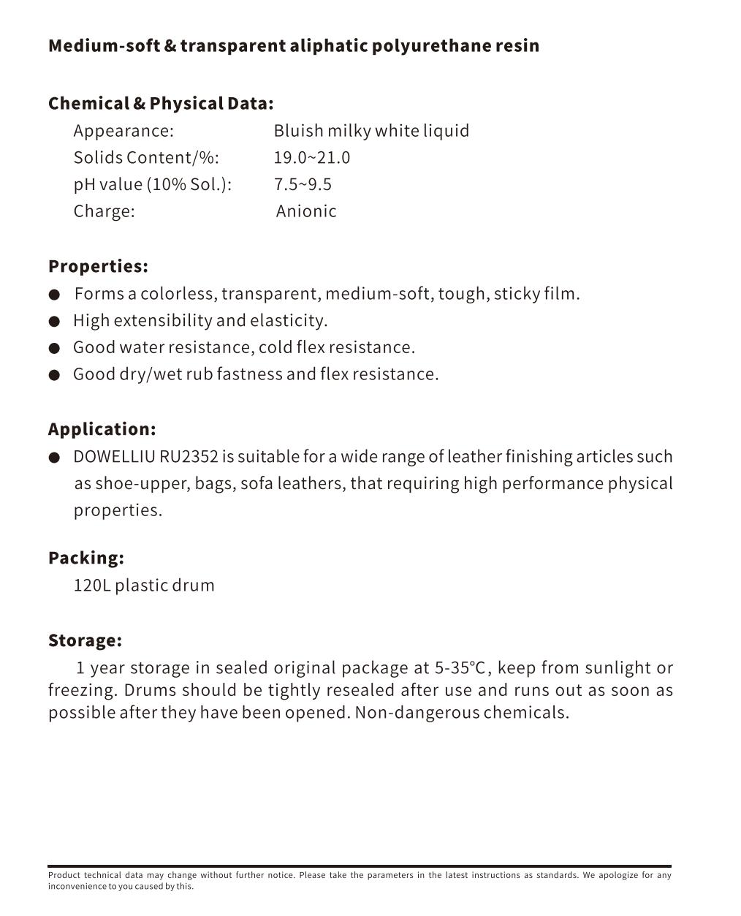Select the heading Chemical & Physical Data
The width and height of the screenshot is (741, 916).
coord(161,104)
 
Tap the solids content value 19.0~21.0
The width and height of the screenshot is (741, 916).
coord(312,158)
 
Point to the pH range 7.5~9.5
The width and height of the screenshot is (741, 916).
coord(303,184)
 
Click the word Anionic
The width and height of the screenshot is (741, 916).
coord(306,211)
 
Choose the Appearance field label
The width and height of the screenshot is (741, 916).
coord(123,131)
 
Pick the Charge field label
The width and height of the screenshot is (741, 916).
coord(104,211)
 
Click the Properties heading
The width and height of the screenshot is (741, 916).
coord(98,266)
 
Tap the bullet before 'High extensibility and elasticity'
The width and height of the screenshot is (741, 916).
coord(54,322)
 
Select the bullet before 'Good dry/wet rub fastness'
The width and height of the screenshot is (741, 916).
coord(54,376)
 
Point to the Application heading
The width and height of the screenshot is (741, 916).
coord(102,429)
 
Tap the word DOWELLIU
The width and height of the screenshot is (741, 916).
coord(114,457)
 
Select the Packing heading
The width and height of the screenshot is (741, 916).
coord(86,558)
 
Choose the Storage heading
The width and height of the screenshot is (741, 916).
coord(85,640)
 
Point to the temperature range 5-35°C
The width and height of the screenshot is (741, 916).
coord(460,667)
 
